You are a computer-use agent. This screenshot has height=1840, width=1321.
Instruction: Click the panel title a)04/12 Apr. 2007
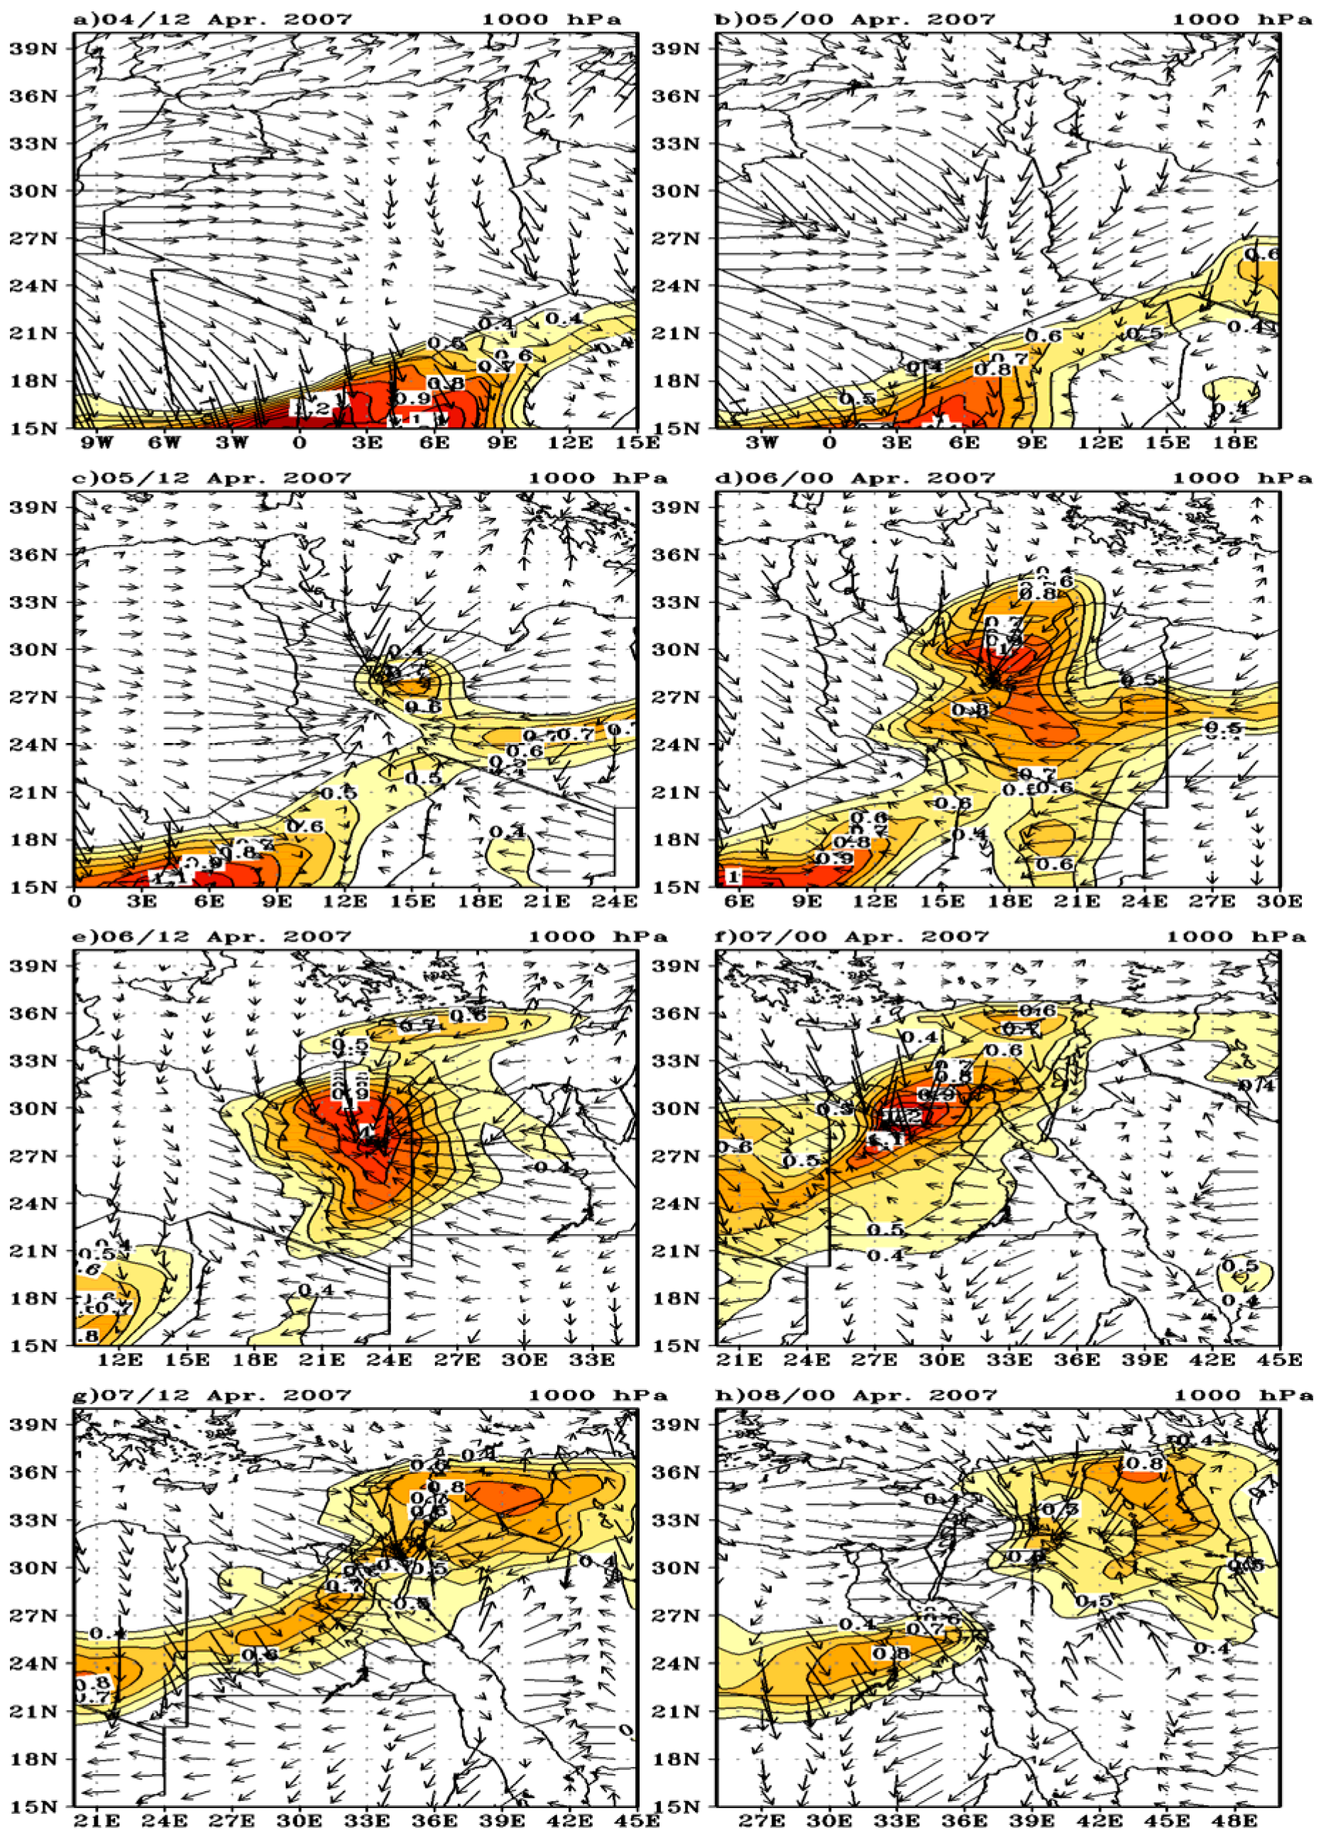[212, 18]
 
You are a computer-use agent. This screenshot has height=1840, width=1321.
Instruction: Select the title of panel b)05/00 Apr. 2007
[855, 18]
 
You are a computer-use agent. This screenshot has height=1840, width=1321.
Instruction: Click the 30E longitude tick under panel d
[1280, 901]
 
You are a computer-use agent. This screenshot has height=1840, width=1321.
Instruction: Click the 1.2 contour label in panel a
[312, 408]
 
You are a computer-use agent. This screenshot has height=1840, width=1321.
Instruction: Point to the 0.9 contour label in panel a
[413, 398]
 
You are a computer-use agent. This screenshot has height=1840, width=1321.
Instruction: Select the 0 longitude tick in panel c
[75, 901]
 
